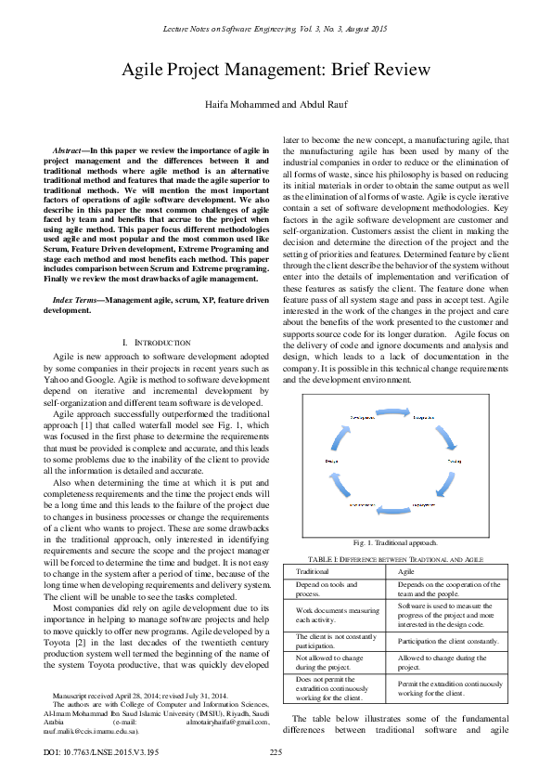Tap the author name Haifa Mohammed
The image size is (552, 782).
point(238,103)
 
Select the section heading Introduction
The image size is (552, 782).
point(169,316)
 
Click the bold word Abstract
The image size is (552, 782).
point(70,149)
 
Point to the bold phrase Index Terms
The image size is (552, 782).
point(77,275)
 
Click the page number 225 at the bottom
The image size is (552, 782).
point(276,751)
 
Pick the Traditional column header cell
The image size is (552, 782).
point(313,572)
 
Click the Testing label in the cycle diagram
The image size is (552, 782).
point(455,461)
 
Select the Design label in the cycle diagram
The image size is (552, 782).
point(331,461)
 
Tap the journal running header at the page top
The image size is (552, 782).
point(276,31)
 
